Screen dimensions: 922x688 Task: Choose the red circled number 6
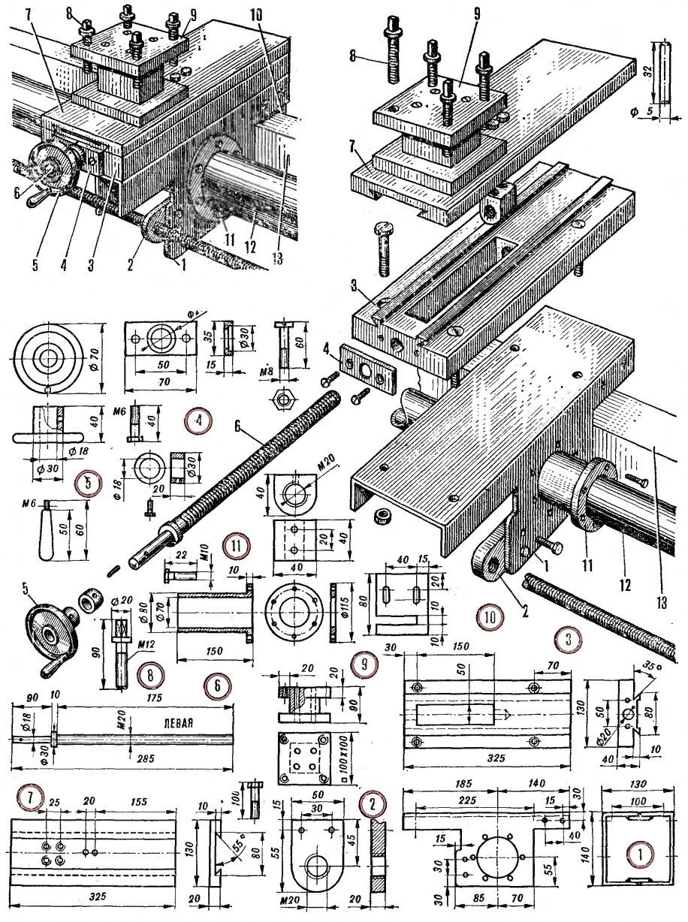coord(217,685)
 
